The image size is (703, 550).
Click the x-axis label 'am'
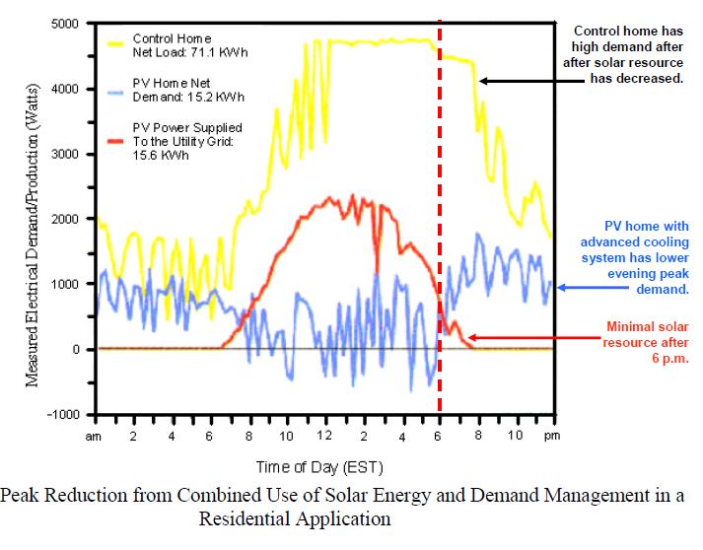(96, 435)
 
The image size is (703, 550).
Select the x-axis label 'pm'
(551, 435)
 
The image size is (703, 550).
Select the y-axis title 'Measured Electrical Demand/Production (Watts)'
(33, 219)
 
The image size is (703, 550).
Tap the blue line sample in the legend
(117, 93)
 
